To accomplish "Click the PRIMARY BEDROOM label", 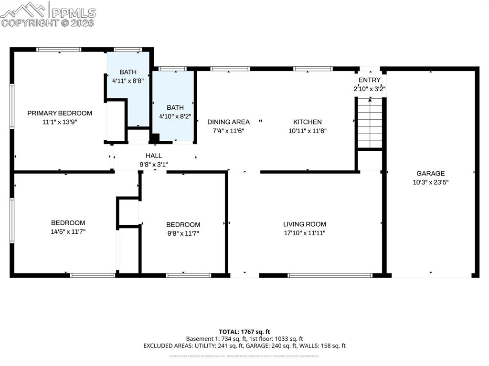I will (x=60, y=113).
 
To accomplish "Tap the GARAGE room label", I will (x=430, y=174).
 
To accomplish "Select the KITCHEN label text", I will (x=307, y=122).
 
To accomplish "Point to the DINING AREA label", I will (x=228, y=122).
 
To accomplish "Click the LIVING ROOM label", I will (x=304, y=224).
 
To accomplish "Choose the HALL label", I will (x=154, y=156).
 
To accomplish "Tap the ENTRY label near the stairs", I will (x=369, y=80).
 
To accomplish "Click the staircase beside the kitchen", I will (x=370, y=123).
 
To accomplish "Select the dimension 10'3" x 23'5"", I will (x=430, y=182).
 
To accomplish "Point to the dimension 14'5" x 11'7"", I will (x=68, y=232).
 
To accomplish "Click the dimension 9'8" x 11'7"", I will (x=183, y=233).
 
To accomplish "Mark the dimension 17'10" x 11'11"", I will (x=304, y=233).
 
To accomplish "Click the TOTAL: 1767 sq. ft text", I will (x=244, y=332).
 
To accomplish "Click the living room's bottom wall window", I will (x=330, y=275).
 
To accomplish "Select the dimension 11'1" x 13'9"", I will (x=60, y=122).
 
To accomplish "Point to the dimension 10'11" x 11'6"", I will (x=307, y=131).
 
